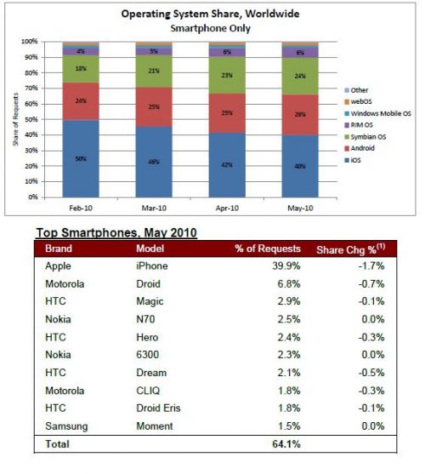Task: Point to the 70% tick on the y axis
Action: tap(29, 88)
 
